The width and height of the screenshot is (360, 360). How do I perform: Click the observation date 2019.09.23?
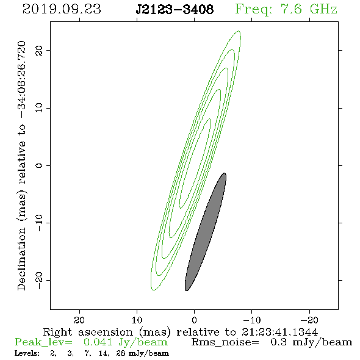[x=62, y=9]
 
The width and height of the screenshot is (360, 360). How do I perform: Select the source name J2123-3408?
[x=175, y=9]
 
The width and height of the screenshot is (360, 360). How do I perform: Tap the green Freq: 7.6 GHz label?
[x=286, y=9]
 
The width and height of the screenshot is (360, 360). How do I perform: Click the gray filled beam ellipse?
[x=206, y=232]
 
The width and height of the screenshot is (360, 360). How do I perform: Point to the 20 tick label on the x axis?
[x=79, y=320]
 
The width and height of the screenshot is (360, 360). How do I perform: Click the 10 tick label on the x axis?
[x=137, y=320]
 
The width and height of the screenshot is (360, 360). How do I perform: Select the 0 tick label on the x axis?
[x=195, y=320]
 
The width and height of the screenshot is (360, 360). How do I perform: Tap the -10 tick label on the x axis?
[x=252, y=320]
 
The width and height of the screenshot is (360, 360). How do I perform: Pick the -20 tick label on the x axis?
[x=309, y=320]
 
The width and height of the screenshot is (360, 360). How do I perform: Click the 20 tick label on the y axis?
[x=39, y=50]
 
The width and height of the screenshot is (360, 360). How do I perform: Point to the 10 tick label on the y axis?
[x=39, y=108]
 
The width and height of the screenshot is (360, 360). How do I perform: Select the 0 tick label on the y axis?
[x=39, y=165]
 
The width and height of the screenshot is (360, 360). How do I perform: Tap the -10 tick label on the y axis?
[x=39, y=223]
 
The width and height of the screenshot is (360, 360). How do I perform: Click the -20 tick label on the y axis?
[x=39, y=281]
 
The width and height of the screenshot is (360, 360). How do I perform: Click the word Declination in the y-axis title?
[x=21, y=259]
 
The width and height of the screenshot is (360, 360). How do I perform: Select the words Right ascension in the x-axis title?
[x=88, y=332]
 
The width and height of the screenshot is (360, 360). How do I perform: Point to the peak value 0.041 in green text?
[x=98, y=342]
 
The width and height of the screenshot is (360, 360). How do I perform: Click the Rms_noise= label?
[x=225, y=342]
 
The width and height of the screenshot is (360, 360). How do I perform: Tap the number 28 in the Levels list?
[x=121, y=353]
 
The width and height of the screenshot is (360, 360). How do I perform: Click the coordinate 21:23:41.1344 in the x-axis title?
[x=279, y=332]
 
